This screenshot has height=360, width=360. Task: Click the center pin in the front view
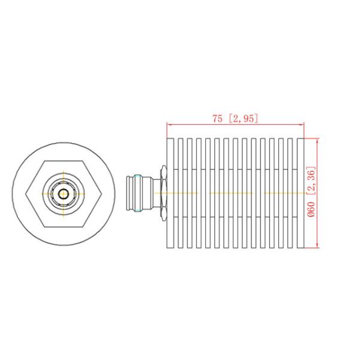tap(63, 193)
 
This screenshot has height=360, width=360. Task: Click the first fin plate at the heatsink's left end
tap(170, 192)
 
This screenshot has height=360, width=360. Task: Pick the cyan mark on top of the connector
tap(139, 176)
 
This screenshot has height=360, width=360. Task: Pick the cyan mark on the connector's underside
tap(139, 208)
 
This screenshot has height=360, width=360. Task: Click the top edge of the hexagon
tap(63, 161)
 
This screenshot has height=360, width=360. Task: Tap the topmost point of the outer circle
tap(63, 142)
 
